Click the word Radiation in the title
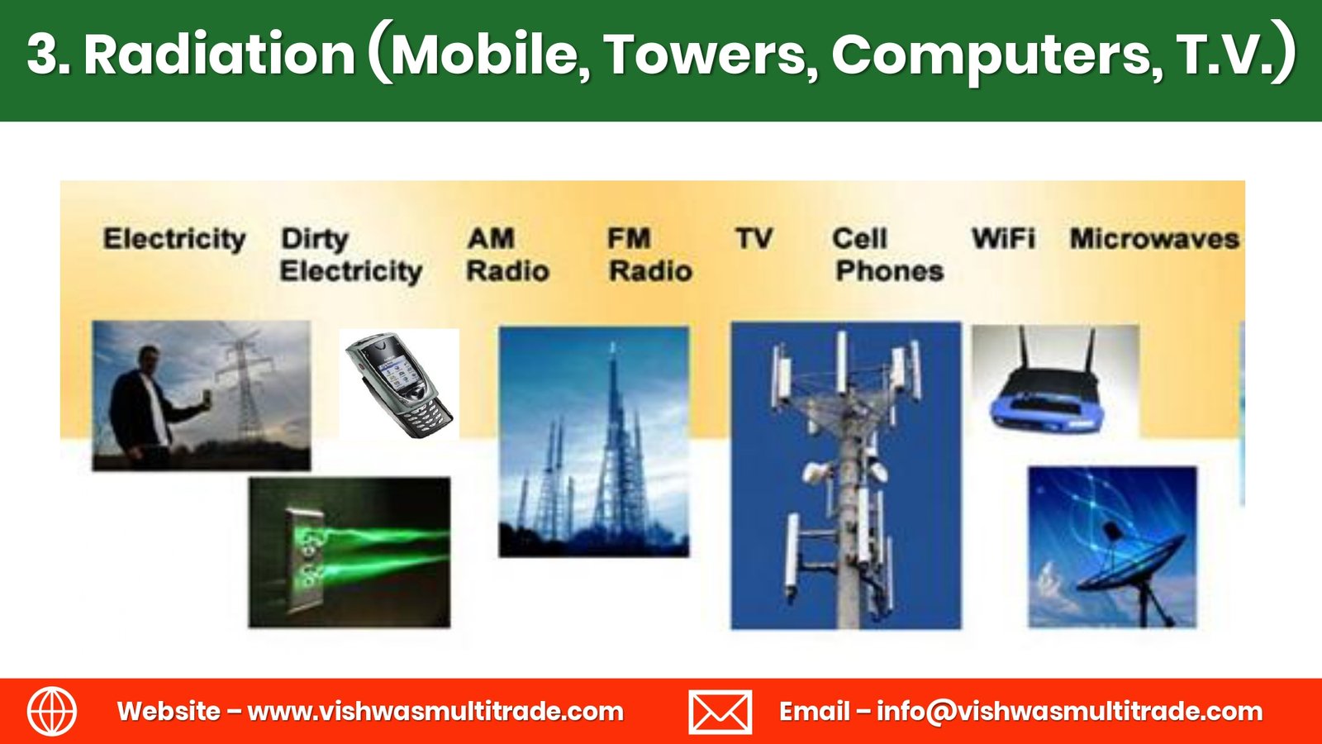point(220,55)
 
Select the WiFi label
point(1003,239)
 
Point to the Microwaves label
point(1154,239)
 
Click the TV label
point(754,239)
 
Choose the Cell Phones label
point(888,255)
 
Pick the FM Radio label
point(649,255)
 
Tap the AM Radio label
point(507,255)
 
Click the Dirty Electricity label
point(351,255)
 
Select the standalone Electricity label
point(174,239)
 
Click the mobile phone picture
point(400,386)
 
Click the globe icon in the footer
point(52,712)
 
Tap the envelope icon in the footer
point(720,712)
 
